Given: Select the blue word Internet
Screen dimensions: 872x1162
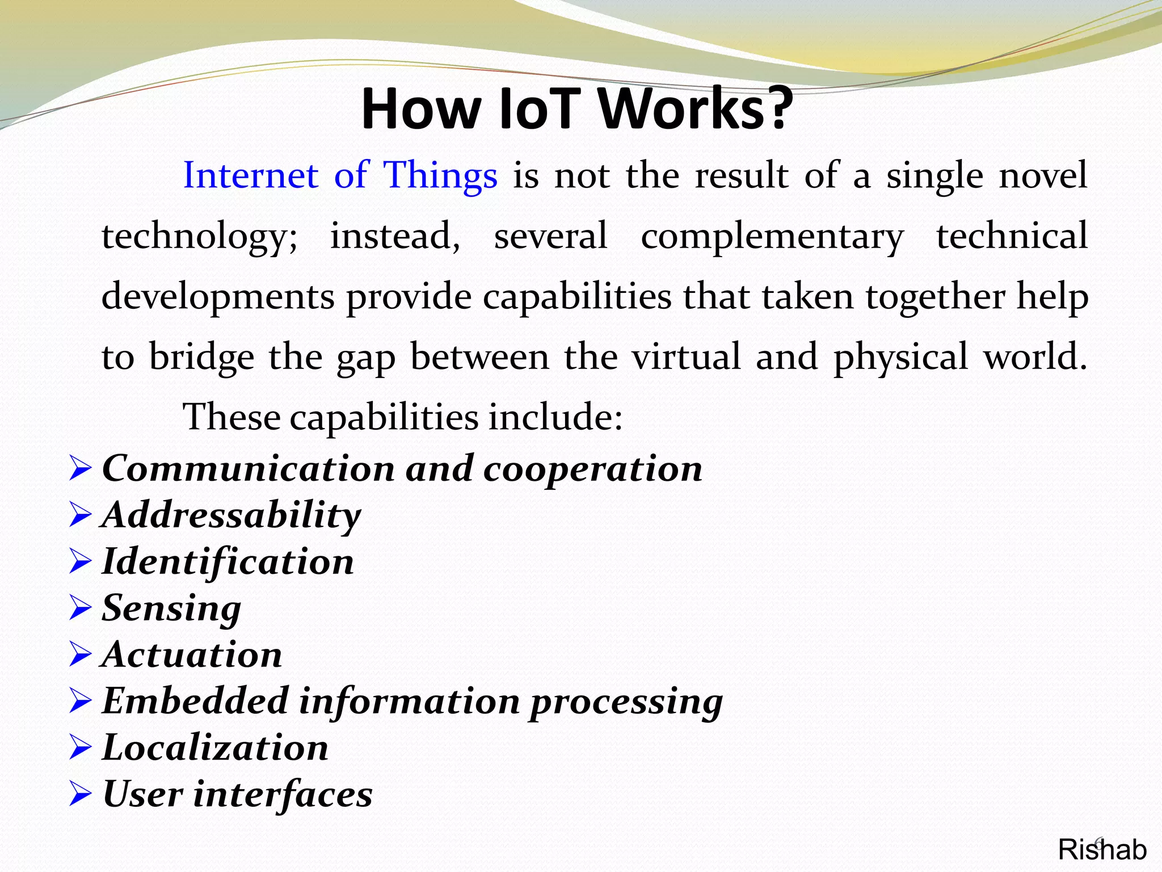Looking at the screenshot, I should coord(250,175).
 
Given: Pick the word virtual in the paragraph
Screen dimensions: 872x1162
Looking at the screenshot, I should coord(687,357).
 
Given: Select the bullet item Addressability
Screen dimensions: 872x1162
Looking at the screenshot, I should coord(231,515).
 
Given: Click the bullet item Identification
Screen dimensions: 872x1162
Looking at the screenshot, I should coord(228,562).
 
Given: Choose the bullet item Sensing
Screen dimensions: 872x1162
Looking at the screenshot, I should coord(171,609).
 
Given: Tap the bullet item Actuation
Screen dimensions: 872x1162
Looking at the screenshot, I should coord(192,655).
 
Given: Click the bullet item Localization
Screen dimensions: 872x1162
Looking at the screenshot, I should coord(215,748).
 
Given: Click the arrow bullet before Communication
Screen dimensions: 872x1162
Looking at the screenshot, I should coord(80,469).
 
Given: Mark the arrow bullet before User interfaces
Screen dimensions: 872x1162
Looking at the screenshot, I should coord(80,794).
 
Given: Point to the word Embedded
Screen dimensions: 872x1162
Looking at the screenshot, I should coord(195,701).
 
